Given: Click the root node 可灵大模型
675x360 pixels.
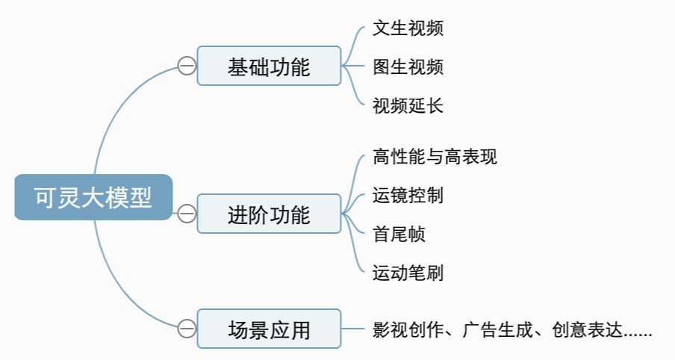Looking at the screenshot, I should [x=93, y=198].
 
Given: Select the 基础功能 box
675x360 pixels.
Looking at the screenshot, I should [x=269, y=66].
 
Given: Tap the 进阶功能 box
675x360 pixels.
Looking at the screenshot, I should [x=269, y=214].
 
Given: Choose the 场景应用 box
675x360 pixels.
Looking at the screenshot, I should [x=269, y=329].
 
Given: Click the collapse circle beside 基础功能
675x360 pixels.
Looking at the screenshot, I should [x=186, y=66].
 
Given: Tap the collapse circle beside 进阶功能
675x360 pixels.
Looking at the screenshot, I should [x=186, y=214].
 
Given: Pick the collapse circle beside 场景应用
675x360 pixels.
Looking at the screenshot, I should [x=186, y=329].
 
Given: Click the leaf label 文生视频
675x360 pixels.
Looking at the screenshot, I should [x=408, y=28].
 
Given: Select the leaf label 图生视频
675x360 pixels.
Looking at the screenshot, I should [x=408, y=66].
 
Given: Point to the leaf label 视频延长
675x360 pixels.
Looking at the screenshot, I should [x=408, y=105].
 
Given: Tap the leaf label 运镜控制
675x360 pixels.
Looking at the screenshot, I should [x=408, y=196].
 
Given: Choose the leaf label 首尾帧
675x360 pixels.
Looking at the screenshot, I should [x=399, y=234].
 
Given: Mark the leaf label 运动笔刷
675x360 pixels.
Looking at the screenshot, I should [x=408, y=273].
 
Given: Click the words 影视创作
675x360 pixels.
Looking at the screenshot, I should [x=408, y=329].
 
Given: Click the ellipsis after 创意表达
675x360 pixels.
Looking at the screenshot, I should [x=638, y=333].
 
